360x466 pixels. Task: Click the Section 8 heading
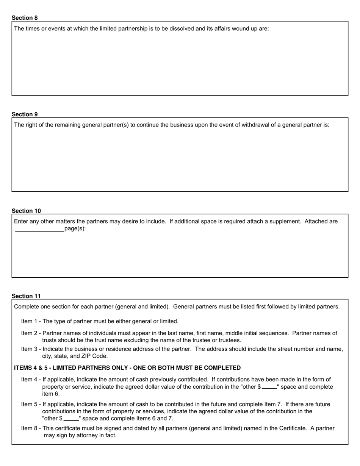point(25,18)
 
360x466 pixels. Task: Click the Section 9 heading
point(25,114)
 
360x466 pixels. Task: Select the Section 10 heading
point(26,211)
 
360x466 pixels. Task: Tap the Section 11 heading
point(26,296)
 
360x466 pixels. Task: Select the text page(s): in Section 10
point(75,229)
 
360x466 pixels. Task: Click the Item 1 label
point(29,321)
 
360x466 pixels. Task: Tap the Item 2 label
point(29,333)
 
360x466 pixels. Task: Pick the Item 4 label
point(29,380)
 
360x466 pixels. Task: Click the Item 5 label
point(29,404)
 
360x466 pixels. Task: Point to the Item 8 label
point(29,428)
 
